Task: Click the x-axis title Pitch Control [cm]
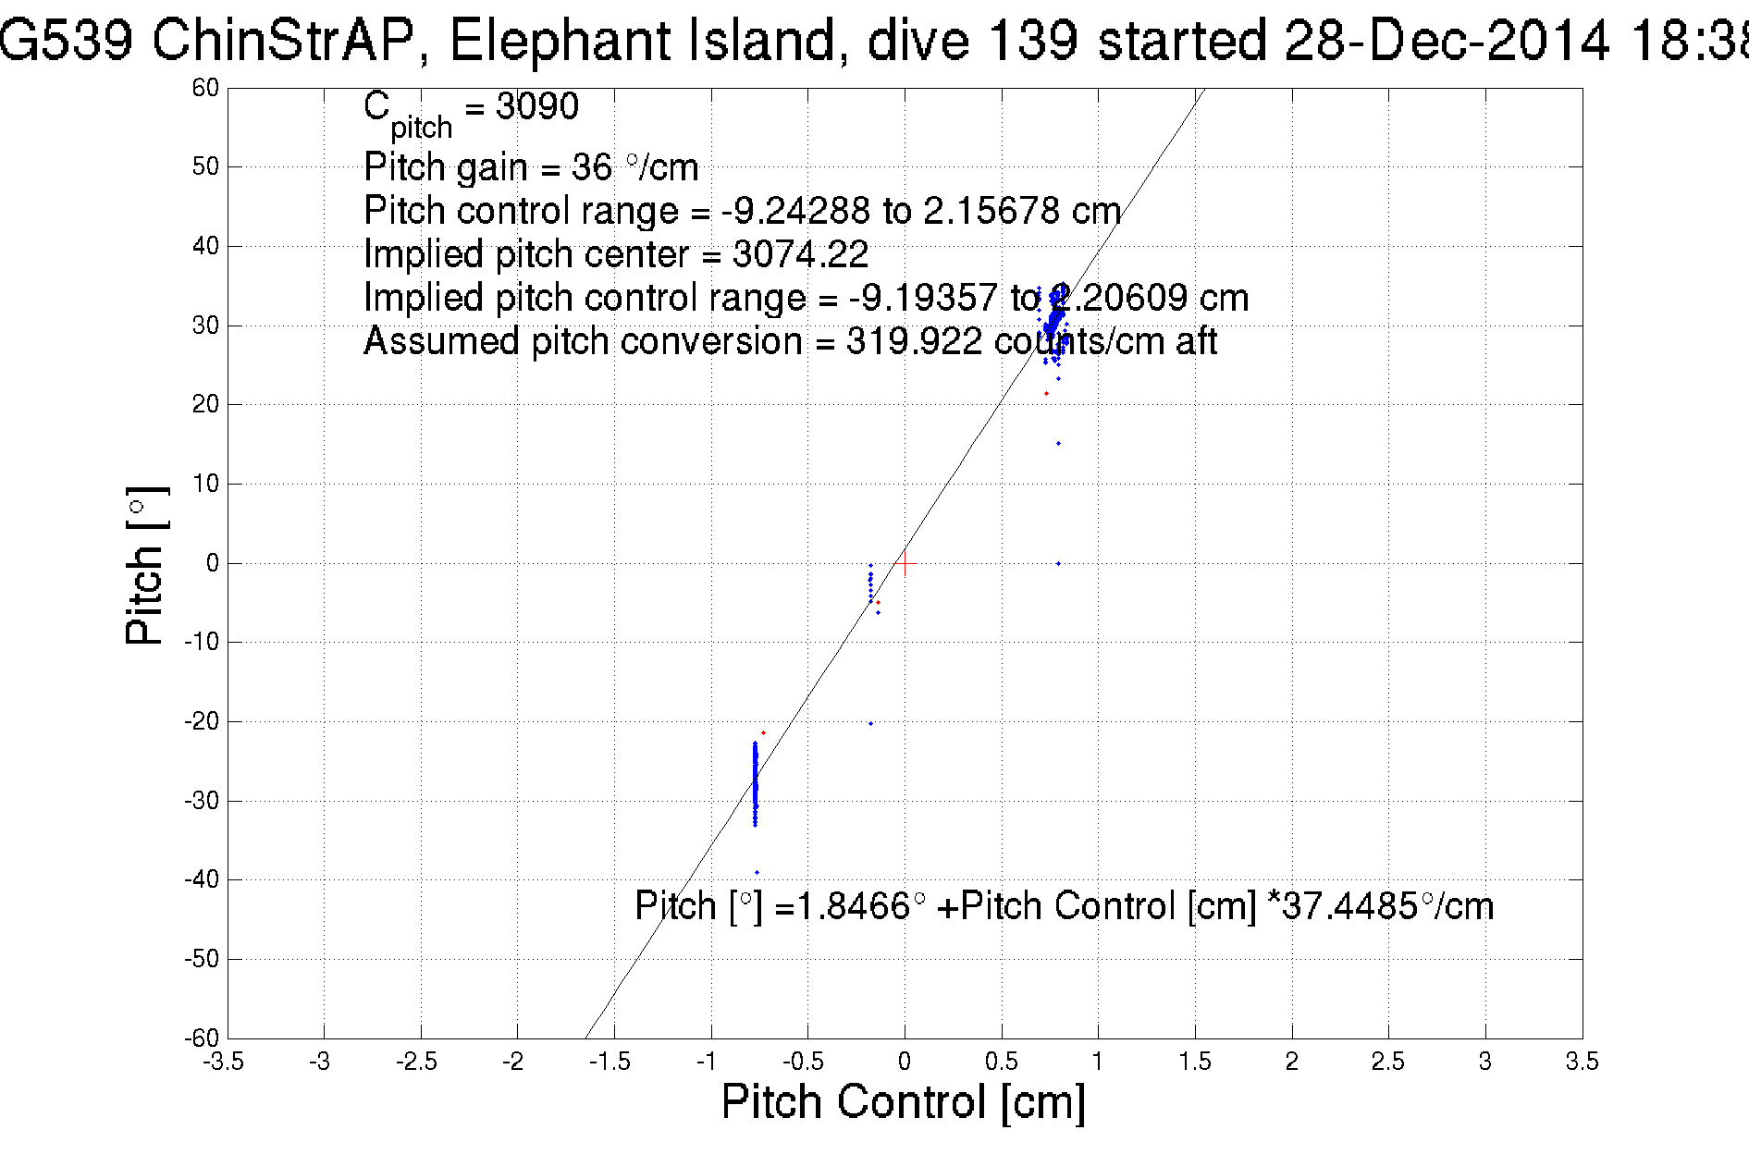click(x=903, y=1102)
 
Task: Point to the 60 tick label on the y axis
click(x=205, y=88)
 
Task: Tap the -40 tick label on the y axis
click(x=202, y=879)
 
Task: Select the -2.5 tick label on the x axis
click(x=417, y=1062)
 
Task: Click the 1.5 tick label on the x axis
click(x=1195, y=1062)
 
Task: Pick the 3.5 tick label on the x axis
click(x=1582, y=1062)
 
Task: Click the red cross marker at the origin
click(x=905, y=562)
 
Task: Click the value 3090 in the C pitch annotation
click(x=536, y=107)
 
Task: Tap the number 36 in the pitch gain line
click(x=592, y=168)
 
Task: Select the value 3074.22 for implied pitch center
click(x=800, y=254)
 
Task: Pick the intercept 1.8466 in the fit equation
click(x=854, y=906)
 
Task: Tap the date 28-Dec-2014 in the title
click(x=1446, y=41)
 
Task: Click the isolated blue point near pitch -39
click(x=757, y=872)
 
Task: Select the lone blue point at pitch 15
click(x=1058, y=444)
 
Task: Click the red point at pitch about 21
click(x=1046, y=394)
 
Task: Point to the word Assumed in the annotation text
click(x=442, y=342)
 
